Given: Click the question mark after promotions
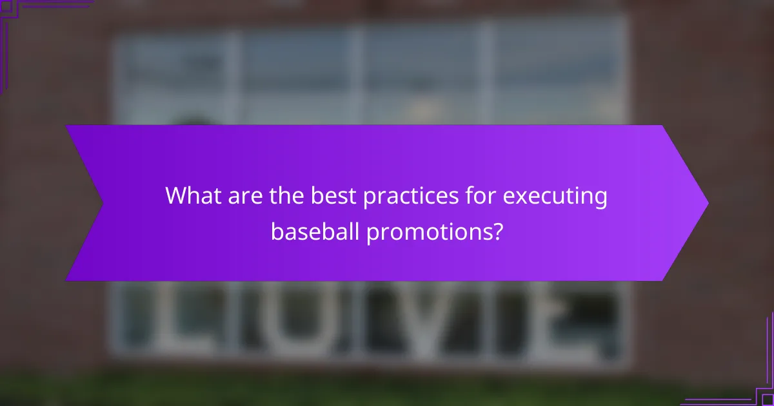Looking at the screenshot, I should pos(496,231).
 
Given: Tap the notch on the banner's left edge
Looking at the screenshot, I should pos(102,203).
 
